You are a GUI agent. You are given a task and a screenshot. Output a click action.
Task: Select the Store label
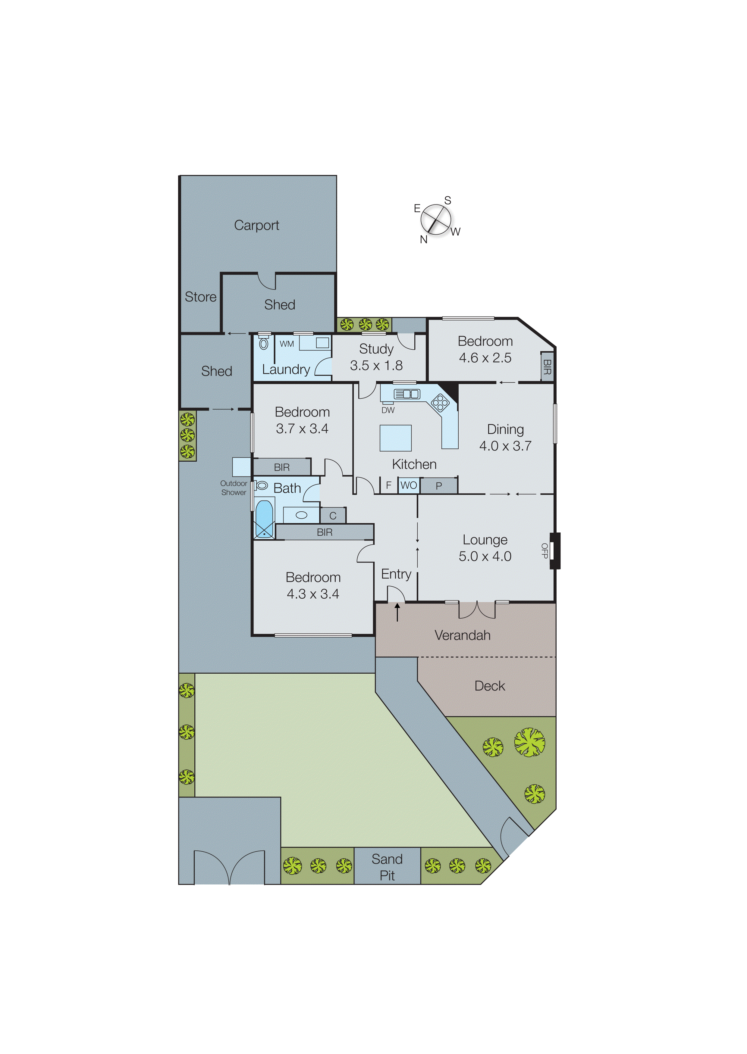pos(201,297)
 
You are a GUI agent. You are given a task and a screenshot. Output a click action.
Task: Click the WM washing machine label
pos(287,344)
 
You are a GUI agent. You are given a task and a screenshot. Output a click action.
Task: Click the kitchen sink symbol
pos(406,394)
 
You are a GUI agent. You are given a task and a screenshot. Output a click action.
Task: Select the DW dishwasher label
pos(388,410)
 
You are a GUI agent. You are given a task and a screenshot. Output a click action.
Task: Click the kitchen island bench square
pos(395,438)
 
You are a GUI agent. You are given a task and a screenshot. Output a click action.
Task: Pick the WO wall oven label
pos(409,485)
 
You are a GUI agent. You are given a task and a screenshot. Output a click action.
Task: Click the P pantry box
pos(439,485)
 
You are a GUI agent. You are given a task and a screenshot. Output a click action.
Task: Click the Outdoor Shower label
pos(234,488)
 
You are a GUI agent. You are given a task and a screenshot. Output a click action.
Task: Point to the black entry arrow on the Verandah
pos(397,612)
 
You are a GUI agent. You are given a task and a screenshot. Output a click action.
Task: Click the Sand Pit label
pos(387,867)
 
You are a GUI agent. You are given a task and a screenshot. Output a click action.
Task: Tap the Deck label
pos(489,686)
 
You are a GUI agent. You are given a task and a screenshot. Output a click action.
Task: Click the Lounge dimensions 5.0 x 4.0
pos(485,556)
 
